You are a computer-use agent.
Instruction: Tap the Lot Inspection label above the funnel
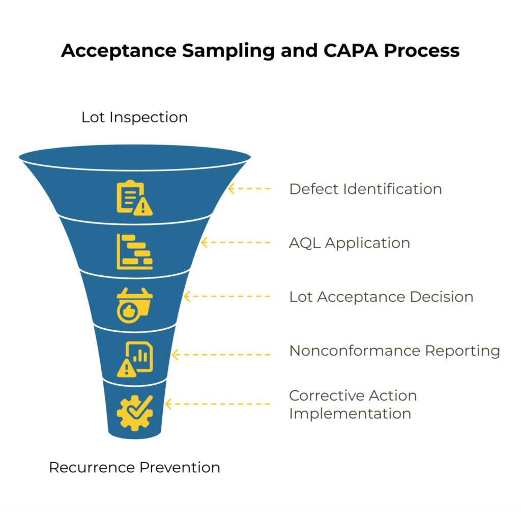(134, 117)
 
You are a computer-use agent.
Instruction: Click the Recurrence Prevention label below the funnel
(134, 467)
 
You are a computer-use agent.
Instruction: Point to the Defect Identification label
(365, 189)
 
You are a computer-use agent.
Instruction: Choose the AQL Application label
(350, 243)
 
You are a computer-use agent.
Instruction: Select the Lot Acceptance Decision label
(381, 296)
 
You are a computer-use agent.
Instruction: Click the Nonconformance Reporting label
(394, 351)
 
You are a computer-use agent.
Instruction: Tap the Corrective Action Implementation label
(353, 404)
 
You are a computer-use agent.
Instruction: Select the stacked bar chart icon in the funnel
(134, 251)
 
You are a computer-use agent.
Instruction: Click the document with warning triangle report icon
(134, 359)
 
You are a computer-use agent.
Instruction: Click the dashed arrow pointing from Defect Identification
(249, 189)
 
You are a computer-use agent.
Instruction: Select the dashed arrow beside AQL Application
(236, 243)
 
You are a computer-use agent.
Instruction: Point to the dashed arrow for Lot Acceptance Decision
(226, 296)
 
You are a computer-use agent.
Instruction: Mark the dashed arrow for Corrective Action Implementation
(218, 404)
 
